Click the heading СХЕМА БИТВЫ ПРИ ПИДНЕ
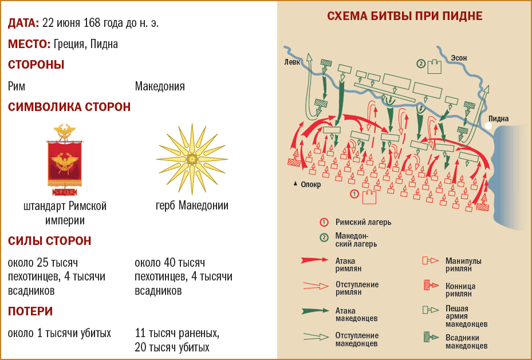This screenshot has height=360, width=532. click(404, 16)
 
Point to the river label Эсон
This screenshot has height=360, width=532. click(459, 58)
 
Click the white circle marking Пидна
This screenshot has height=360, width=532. click(488, 126)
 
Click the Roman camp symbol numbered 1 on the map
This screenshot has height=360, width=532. click(368, 196)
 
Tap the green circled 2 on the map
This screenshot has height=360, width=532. click(421, 64)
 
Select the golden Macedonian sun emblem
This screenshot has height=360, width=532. click(192, 159)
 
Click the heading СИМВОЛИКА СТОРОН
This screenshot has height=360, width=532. click(69, 107)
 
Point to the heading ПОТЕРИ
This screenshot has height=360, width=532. click(30, 311)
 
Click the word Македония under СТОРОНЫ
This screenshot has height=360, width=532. click(160, 86)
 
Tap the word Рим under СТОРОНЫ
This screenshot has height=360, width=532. click(17, 86)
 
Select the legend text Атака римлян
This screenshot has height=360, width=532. click(348, 263)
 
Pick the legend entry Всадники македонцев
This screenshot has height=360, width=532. click(466, 342)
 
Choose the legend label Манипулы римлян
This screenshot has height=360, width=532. click(463, 264)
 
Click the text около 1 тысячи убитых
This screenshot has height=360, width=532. click(60, 333)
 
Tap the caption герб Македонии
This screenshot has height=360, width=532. click(192, 205)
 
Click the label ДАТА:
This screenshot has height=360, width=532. click(23, 23)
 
